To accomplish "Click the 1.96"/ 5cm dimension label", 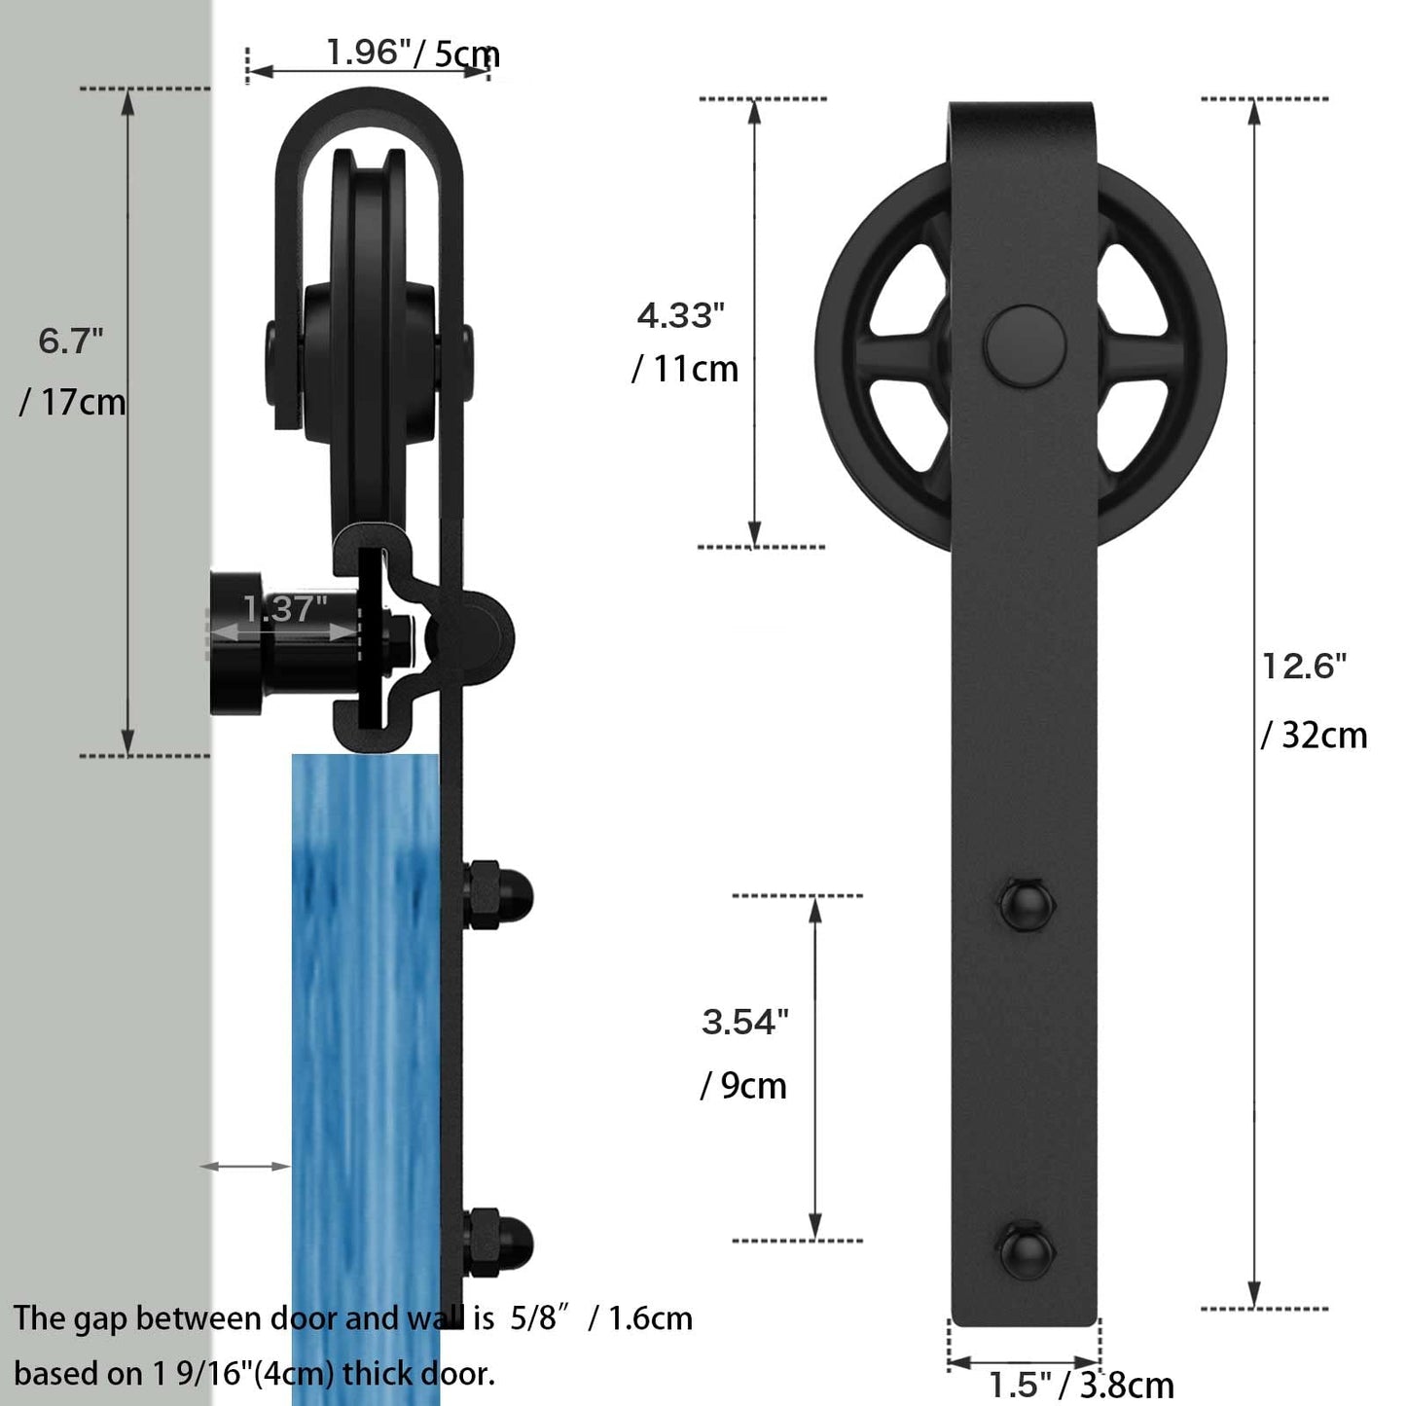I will point(413,53).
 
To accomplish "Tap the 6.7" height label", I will point(71,341).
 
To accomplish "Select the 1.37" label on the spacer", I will point(284,609).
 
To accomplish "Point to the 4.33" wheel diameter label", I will point(681,315).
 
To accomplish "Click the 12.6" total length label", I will point(1304,667).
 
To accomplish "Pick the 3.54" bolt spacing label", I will point(744,1022).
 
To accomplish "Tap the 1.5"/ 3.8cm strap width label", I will point(1080,1384).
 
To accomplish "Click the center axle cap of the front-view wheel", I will point(1025,346).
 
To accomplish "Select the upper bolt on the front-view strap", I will point(1027,905).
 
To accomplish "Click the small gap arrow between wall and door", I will point(246,1166).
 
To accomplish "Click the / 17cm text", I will point(73,402).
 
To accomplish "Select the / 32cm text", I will point(1314,736).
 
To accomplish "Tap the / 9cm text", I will point(743,1086).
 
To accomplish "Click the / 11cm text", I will point(685,370).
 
